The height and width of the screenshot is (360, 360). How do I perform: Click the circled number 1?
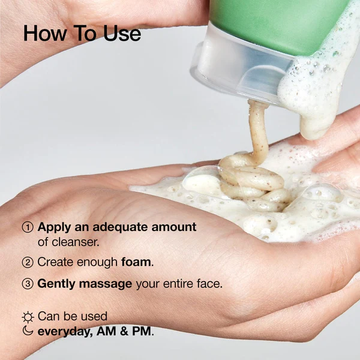point(28,227)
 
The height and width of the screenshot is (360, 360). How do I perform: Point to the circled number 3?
point(28,283)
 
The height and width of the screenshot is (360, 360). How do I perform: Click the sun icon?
point(28,316)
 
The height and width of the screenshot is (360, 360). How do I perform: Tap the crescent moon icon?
point(28,331)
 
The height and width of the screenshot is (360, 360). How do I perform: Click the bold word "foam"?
point(136,262)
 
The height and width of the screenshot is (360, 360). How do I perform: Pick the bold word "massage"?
point(107,283)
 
